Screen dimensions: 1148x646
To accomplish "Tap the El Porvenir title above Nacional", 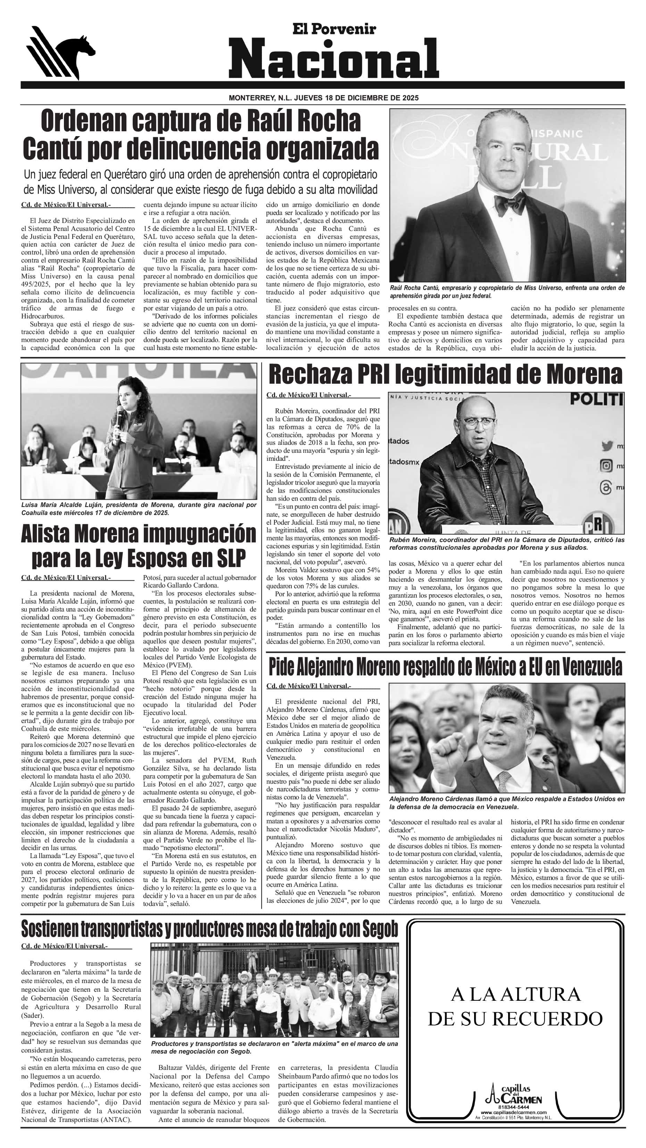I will coord(334,30).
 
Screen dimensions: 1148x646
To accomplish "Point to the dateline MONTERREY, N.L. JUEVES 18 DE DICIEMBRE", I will coord(323,98).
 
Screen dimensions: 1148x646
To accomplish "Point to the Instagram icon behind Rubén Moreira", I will coord(606,466).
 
